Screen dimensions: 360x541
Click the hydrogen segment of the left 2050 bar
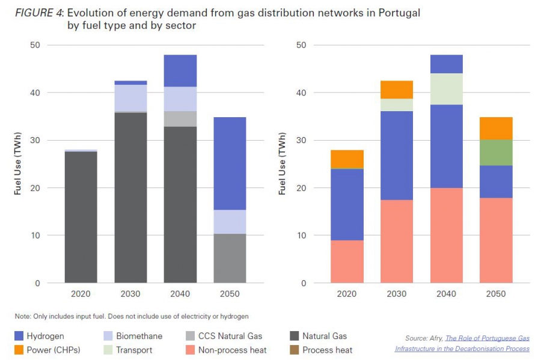point(230,163)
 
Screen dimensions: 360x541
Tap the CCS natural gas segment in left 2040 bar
point(180,118)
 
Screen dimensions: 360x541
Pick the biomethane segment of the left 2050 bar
point(230,222)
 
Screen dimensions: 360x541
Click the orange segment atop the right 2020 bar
point(347,159)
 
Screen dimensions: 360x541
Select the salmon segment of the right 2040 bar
point(447,235)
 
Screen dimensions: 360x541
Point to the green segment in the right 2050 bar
point(496,152)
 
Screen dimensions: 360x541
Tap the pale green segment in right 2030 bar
point(397,105)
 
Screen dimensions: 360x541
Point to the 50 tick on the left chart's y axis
point(35,46)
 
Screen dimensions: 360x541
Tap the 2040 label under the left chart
point(180,294)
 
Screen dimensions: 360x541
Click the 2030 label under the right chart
point(397,294)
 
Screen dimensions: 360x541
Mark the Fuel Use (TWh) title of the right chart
point(282,164)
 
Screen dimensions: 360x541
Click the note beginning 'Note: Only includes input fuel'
point(132,316)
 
